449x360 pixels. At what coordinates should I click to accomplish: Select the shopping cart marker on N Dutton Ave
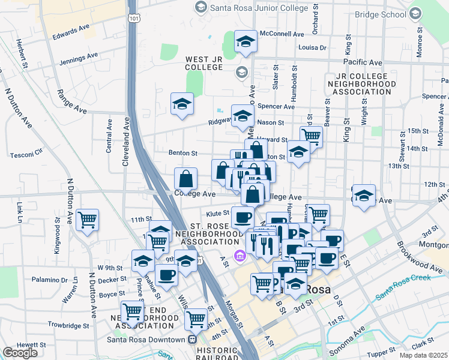(x=88, y=221)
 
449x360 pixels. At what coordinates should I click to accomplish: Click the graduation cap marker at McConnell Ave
(x=246, y=42)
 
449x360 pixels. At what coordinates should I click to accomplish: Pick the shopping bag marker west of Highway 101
(x=186, y=178)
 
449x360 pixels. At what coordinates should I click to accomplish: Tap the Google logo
(x=20, y=352)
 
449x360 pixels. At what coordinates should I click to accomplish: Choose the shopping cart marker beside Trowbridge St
(x=133, y=312)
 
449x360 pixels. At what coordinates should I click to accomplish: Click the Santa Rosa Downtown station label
(x=145, y=340)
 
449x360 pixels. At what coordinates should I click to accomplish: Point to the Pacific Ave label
(x=363, y=62)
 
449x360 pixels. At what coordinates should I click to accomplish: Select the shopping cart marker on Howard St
(x=311, y=136)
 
